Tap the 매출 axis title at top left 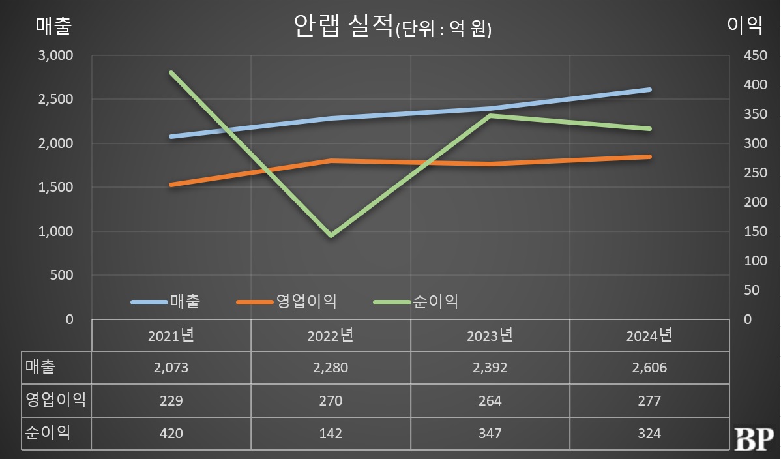[x=53, y=26]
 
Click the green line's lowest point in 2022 [x=331, y=235]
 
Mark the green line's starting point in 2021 [x=171, y=72]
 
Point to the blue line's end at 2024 [x=649, y=89]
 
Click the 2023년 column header [x=490, y=336]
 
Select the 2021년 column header [x=171, y=336]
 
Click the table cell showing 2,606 [x=649, y=368]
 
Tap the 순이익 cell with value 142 [x=331, y=433]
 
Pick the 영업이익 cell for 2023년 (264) [x=490, y=400]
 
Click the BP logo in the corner [x=754, y=439]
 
